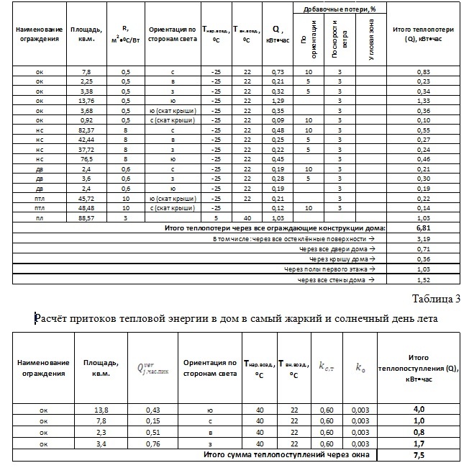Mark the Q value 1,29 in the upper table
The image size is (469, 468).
tap(276, 102)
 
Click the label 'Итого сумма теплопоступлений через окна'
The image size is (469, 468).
tap(289, 455)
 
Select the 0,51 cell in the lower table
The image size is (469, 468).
tap(150, 432)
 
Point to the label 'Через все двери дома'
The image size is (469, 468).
tap(332, 248)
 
